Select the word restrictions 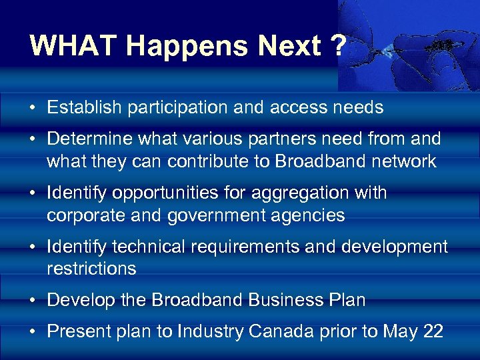coord(91,268)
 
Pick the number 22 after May coord(433,331)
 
